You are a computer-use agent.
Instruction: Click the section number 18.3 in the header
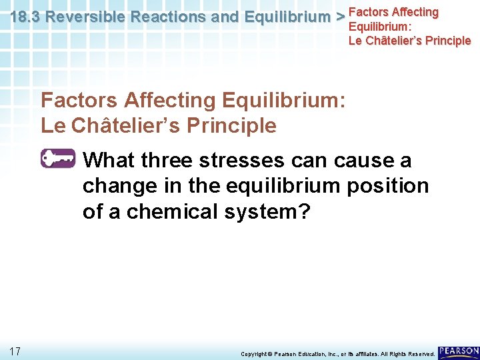pyautogui.click(x=25, y=17)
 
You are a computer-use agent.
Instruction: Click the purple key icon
pyautogui.click(x=59, y=159)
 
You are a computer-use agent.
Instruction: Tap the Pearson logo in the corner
pyautogui.click(x=459, y=351)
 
